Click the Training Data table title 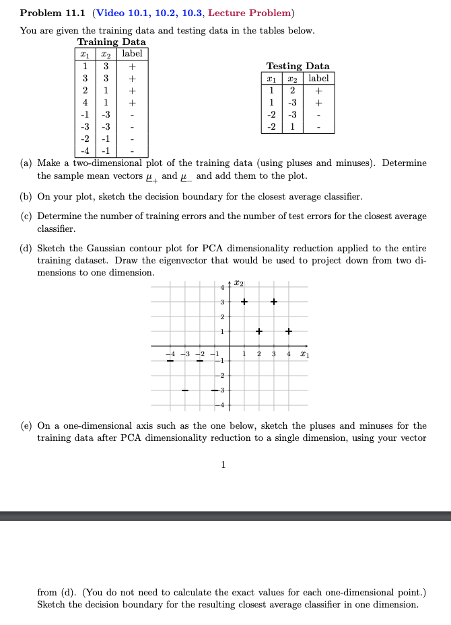[111, 42]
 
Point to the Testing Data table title [298, 66]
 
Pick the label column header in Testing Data [318, 78]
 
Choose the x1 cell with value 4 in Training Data [85, 103]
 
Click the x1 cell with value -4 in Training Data [85, 151]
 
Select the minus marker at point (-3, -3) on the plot [184, 390]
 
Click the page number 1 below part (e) [223, 464]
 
